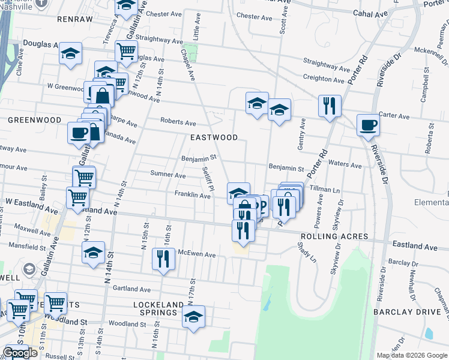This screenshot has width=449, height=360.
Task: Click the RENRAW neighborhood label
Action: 75,19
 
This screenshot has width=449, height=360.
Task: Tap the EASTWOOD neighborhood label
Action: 214,137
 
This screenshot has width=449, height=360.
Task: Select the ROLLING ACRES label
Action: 334,236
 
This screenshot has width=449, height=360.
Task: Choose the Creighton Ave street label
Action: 326,77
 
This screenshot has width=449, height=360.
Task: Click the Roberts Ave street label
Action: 178,121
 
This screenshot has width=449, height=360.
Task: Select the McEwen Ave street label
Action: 196,254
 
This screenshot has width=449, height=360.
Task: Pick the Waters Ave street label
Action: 345,165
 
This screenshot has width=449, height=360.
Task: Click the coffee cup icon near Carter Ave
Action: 368,125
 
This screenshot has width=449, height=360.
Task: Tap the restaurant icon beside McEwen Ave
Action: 163,259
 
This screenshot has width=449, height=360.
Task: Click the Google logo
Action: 20,353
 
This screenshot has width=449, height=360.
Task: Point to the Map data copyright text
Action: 411,355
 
